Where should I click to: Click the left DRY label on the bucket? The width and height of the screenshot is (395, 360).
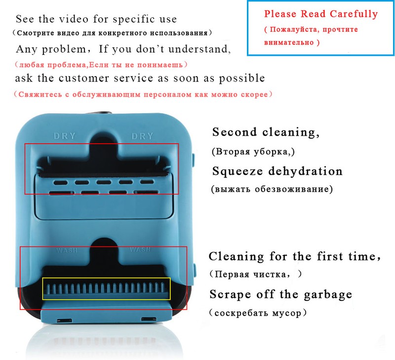65,136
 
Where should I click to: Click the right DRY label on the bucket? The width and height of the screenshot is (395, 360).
142,136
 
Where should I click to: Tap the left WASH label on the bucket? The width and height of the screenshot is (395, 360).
67,250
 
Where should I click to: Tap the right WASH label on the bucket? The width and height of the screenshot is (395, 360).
140,249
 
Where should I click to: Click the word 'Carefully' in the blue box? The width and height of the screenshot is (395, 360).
354,14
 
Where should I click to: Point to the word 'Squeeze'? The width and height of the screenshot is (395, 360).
237,171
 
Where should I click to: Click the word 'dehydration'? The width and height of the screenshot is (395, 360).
305,171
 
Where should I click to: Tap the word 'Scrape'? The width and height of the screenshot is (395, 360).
230,294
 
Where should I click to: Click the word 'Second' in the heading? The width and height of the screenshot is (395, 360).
235,132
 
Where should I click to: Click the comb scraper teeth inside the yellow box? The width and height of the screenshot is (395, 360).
106,289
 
